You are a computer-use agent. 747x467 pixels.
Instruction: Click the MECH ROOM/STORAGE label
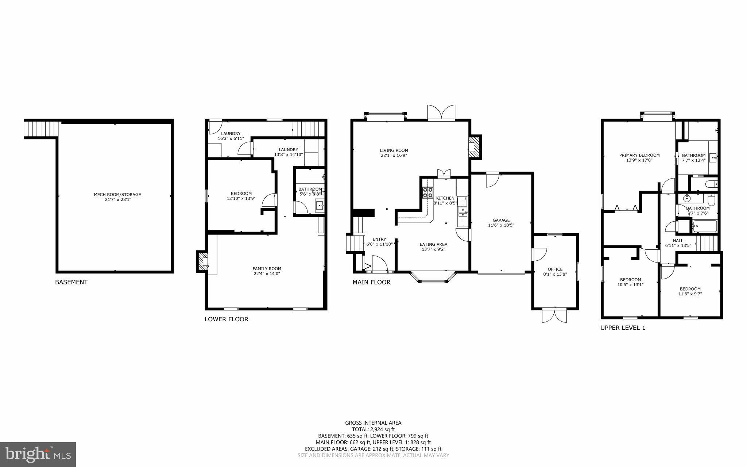tap(117, 195)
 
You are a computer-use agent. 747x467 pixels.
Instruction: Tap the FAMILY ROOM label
tap(267, 269)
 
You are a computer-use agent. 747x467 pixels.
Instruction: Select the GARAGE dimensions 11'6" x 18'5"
tap(501, 225)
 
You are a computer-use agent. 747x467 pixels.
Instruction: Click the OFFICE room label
tap(555, 269)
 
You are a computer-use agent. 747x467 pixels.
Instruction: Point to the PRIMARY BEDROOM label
tap(639, 155)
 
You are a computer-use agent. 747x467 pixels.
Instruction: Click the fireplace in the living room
tap(475, 147)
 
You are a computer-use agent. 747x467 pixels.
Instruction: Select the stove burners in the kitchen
tap(427, 192)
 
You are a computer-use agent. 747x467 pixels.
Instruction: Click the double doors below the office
tap(554, 315)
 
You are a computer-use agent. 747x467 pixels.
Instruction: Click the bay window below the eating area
tap(433, 277)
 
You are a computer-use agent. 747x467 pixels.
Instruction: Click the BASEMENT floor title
tap(71, 282)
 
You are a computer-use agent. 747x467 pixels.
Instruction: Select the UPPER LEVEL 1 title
tap(623, 328)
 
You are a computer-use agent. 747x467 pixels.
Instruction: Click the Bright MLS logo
tap(38, 454)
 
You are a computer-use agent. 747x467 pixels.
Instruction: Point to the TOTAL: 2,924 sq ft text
tap(373, 429)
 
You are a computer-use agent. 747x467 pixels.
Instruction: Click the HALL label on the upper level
tap(678, 240)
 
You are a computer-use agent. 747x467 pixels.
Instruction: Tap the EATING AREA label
tap(433, 244)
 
